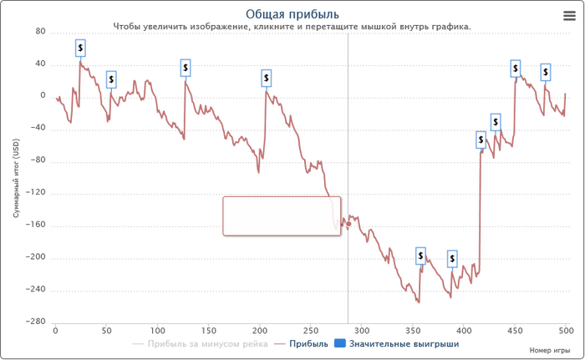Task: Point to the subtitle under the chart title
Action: [x=292, y=27]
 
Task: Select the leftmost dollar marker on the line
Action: [x=81, y=48]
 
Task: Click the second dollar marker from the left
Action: [x=111, y=79]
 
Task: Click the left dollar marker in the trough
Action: [x=420, y=255]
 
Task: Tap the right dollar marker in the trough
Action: [x=452, y=259]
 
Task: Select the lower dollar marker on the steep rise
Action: [x=481, y=140]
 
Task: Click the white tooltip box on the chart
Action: [x=281, y=215]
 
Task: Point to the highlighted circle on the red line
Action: [x=348, y=223]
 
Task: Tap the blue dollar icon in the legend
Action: [x=338, y=343]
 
